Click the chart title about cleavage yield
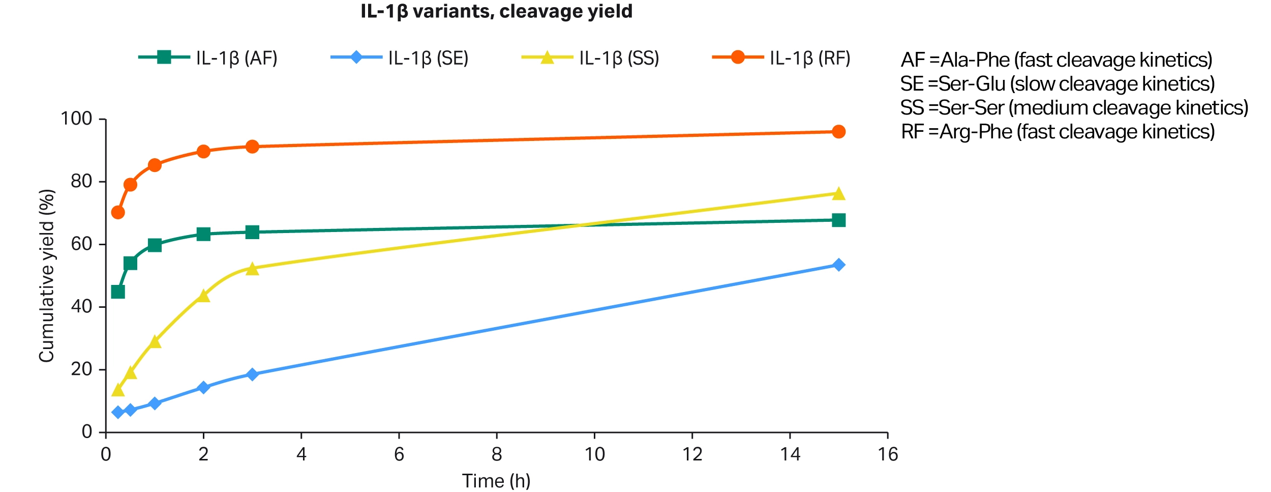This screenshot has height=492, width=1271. click(x=496, y=11)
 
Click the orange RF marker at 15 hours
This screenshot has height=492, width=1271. click(x=838, y=132)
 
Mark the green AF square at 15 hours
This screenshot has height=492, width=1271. click(x=838, y=220)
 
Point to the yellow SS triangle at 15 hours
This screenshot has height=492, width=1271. click(x=838, y=194)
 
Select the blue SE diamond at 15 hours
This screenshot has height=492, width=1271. click(x=838, y=265)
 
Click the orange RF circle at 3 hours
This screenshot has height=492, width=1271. click(x=252, y=147)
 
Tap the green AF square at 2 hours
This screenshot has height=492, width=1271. click(x=203, y=234)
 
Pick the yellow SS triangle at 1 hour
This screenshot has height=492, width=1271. click(x=155, y=342)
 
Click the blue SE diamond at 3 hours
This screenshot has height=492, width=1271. click(x=252, y=374)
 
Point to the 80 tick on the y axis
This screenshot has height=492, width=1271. click(x=81, y=181)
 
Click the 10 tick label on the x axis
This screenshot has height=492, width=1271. click(x=594, y=454)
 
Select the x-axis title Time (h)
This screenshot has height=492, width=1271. click(x=496, y=481)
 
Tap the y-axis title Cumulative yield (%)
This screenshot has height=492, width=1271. click(x=47, y=276)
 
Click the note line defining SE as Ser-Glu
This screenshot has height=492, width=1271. click(x=1057, y=84)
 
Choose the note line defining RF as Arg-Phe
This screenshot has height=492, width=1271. click(x=1057, y=132)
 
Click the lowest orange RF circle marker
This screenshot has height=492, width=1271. click(x=118, y=212)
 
